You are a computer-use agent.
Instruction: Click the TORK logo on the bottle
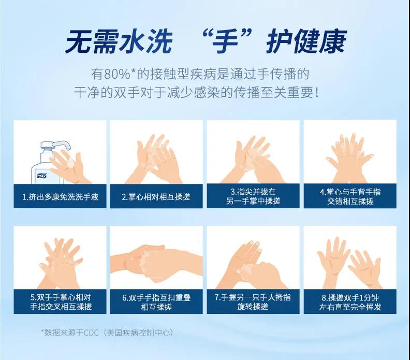[x=41, y=176]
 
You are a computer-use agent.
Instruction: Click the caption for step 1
[x=60, y=197]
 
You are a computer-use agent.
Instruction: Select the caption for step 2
[x=156, y=197]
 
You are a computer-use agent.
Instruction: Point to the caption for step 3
[x=253, y=196]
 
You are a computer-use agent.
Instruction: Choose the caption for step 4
[x=350, y=196]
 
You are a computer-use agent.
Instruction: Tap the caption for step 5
[x=61, y=301]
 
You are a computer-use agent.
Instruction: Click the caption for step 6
[x=156, y=302]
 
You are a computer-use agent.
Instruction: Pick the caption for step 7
[x=253, y=301]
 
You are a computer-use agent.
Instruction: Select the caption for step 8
[x=350, y=302]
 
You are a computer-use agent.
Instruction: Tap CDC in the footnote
[x=91, y=333]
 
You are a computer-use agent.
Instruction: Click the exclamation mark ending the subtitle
[x=317, y=93]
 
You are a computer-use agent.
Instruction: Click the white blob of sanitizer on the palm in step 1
[x=70, y=163]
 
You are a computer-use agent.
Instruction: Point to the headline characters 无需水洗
[x=119, y=42]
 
